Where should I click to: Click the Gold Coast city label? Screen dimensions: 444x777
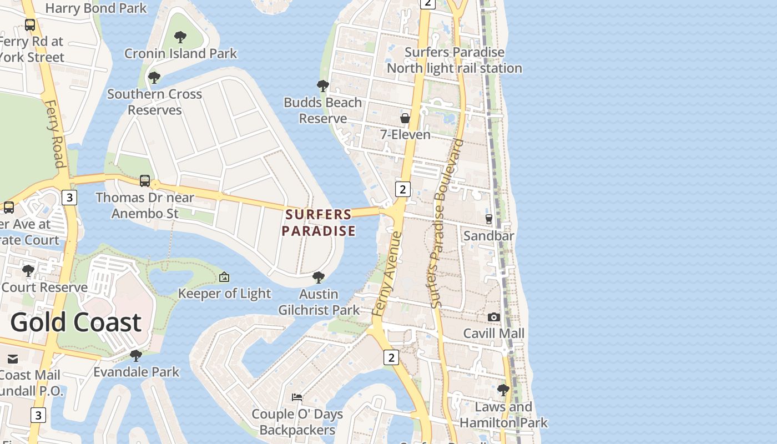tap(76, 322)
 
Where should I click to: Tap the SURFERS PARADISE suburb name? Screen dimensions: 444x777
tap(319, 223)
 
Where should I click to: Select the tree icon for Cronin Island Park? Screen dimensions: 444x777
tap(180, 37)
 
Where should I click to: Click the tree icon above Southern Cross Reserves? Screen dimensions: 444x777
tap(154, 78)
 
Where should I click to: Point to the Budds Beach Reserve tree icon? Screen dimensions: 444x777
tap(322, 86)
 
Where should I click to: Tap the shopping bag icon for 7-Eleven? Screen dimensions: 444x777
tap(405, 118)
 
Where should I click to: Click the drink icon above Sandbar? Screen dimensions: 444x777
tap(489, 219)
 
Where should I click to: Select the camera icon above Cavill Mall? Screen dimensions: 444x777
tap(493, 317)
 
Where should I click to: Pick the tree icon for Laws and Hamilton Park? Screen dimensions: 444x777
tap(503, 390)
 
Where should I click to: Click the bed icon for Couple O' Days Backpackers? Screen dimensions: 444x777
tap(297, 397)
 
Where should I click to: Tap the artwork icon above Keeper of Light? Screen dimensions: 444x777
tap(224, 277)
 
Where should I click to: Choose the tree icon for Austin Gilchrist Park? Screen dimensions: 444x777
tap(319, 277)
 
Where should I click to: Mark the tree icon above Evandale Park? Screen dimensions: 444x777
tap(136, 355)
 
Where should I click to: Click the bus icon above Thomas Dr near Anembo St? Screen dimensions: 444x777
tap(145, 181)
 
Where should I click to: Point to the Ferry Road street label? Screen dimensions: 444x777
tap(54, 134)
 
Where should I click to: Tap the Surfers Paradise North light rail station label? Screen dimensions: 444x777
tap(455, 60)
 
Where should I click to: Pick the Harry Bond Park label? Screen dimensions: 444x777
tap(96, 8)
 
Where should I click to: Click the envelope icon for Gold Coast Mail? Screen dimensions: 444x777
tap(13, 359)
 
